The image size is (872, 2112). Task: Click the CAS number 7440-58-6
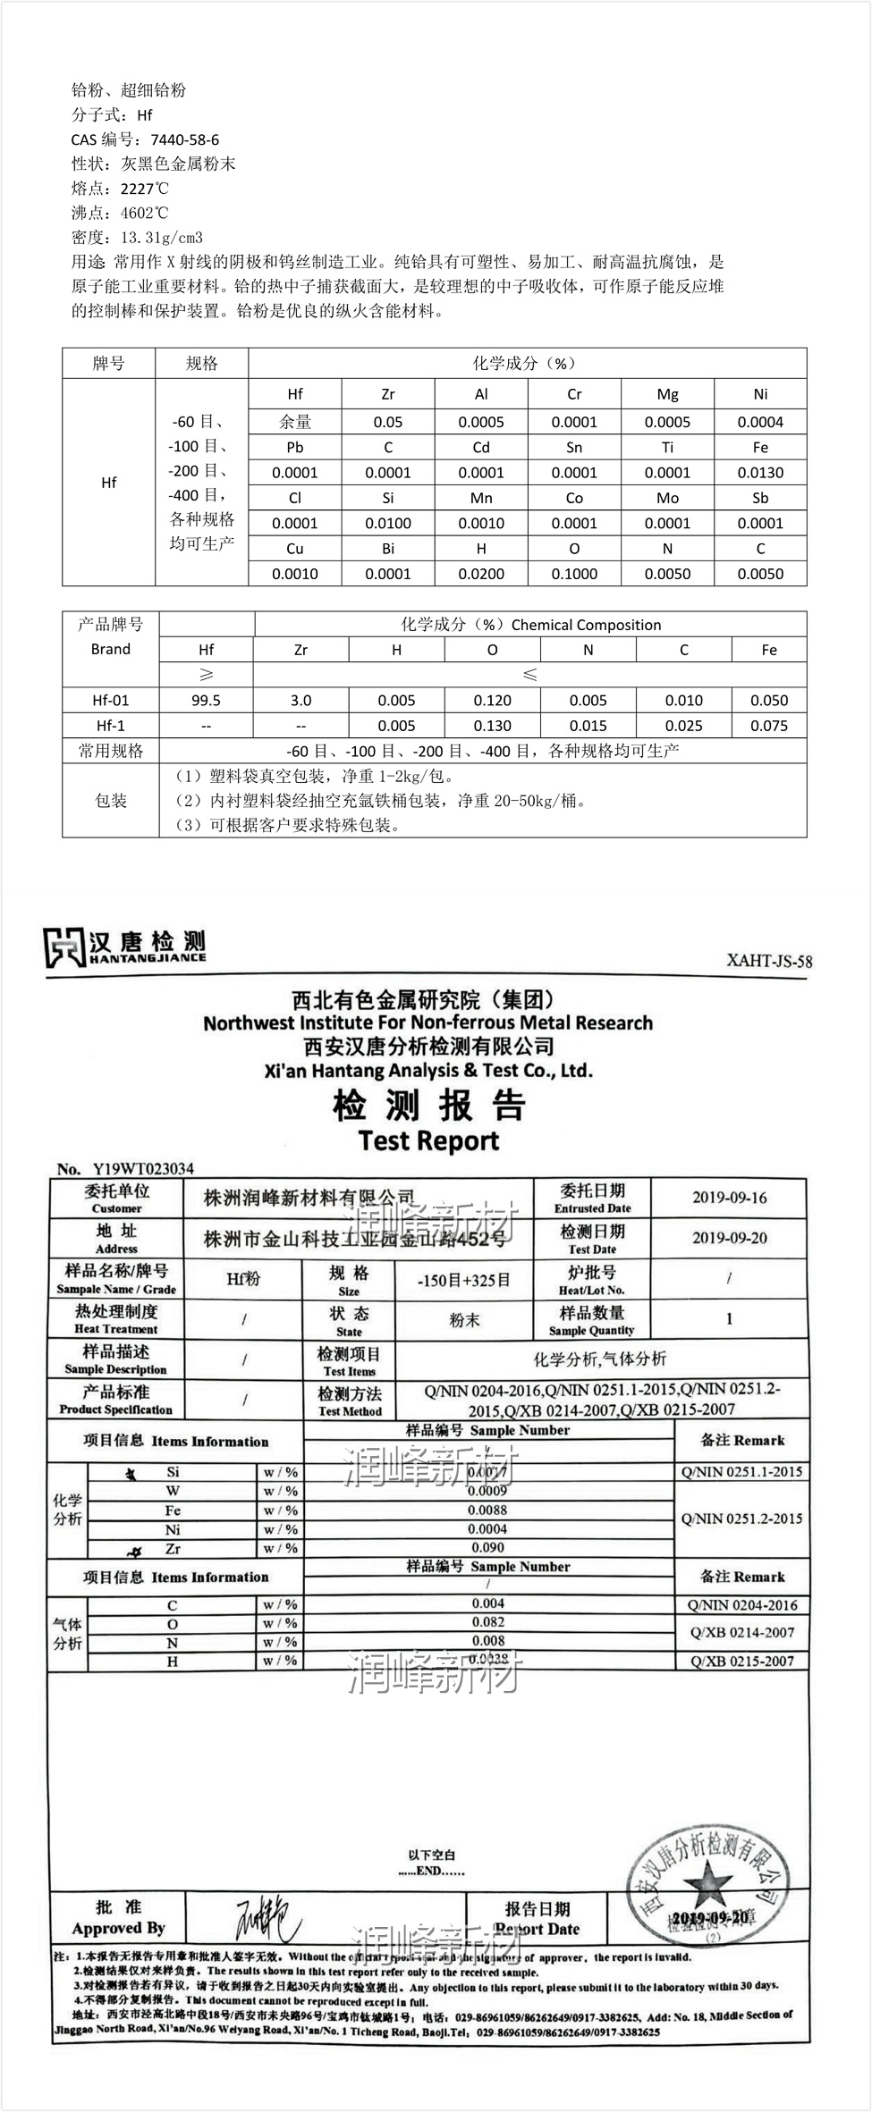(184, 139)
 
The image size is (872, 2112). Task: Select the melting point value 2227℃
(144, 189)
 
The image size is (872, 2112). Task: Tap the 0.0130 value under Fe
(760, 473)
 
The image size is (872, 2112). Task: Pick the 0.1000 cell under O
(574, 574)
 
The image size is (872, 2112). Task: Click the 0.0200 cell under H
(481, 574)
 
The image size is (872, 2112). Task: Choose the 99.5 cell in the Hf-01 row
(207, 701)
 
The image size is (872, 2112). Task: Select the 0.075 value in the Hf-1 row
(769, 726)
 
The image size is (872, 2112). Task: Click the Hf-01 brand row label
(111, 701)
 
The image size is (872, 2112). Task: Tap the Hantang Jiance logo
(124, 947)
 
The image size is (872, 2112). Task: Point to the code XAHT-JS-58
(769, 962)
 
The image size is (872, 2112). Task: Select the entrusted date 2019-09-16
(729, 1198)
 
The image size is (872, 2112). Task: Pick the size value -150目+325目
(463, 1281)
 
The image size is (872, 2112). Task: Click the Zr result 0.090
(487, 1547)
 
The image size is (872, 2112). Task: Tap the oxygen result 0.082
(488, 1622)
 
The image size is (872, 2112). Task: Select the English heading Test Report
(428, 1140)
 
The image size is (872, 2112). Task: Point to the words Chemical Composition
(586, 625)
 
